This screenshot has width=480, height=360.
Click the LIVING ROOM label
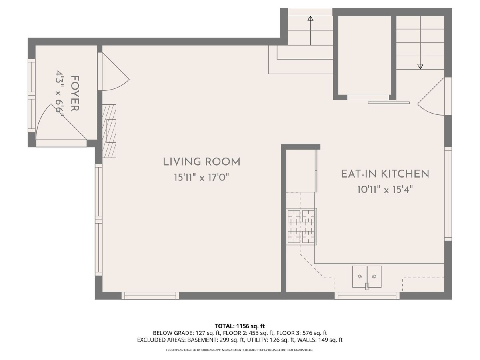point(202,162)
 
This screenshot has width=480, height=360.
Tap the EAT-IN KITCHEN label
point(385,174)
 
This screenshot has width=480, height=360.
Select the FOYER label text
point(75,94)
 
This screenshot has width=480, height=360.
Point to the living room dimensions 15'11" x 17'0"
point(202,177)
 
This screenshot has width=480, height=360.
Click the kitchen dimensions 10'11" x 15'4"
point(385,189)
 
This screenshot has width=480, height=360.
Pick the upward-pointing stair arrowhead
point(310,18)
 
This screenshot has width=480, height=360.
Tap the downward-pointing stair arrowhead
point(420,66)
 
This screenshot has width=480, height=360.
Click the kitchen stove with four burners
point(301,226)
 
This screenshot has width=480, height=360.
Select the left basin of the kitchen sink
point(359,277)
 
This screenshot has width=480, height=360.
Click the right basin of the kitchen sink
point(374,277)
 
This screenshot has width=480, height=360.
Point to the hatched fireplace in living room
point(109,131)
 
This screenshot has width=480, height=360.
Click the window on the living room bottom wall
point(150,296)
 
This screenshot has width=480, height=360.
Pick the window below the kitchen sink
point(367,296)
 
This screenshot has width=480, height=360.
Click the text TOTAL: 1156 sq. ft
point(240,326)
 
